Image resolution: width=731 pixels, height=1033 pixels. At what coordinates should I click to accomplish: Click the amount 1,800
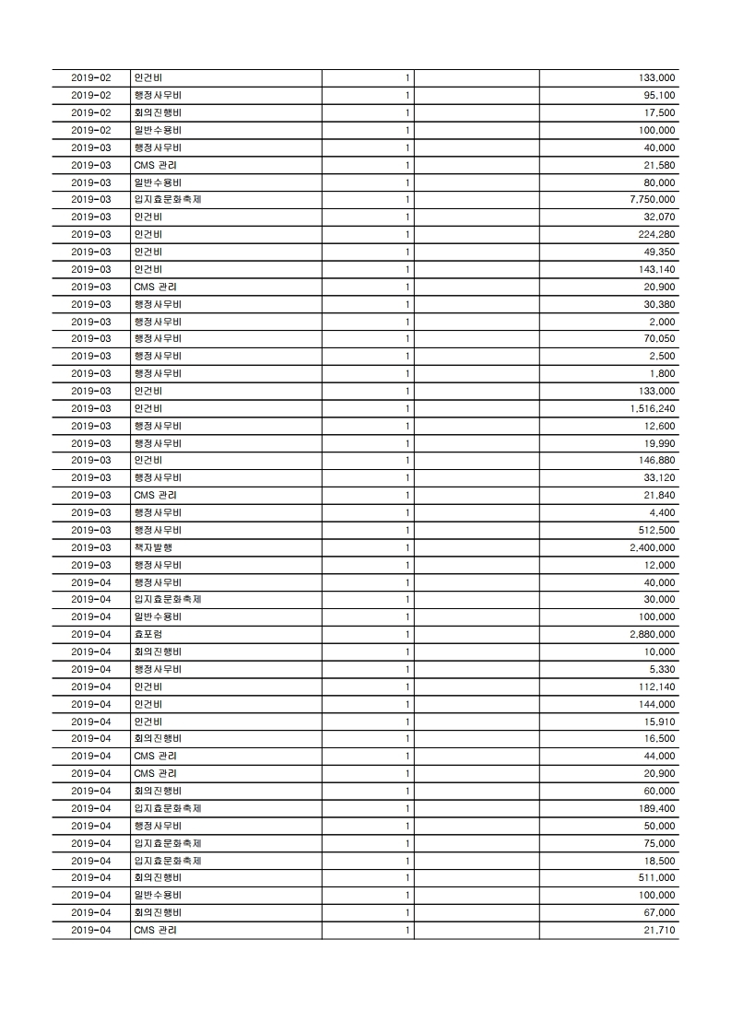(x=663, y=373)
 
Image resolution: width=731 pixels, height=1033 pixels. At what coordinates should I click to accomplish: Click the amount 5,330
(x=663, y=669)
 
